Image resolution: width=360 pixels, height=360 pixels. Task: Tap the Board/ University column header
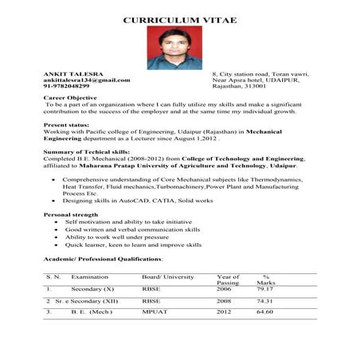coord(167,276)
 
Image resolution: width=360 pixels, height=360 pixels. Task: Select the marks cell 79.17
coord(264,289)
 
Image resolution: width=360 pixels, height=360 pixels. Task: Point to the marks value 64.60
coord(264,313)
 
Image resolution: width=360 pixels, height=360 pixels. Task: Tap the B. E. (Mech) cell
coord(92,313)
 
